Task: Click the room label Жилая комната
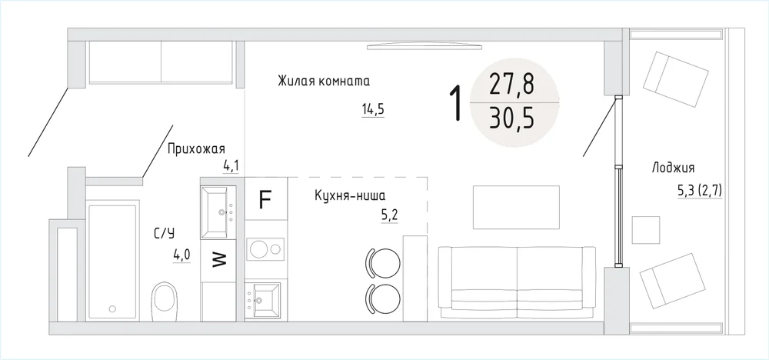pyautogui.click(x=324, y=81)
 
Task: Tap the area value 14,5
pyautogui.click(x=373, y=109)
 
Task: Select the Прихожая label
pyautogui.click(x=196, y=148)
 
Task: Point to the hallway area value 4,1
pyautogui.click(x=231, y=166)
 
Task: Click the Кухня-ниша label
pyautogui.click(x=350, y=196)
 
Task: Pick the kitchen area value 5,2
pyautogui.click(x=390, y=215)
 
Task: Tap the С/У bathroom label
pyautogui.click(x=165, y=234)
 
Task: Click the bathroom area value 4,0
pyautogui.click(x=181, y=255)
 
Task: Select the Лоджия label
pyautogui.click(x=673, y=168)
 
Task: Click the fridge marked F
pyautogui.click(x=265, y=200)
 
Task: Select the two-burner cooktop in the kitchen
pyautogui.click(x=265, y=248)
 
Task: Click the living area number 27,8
pyautogui.click(x=511, y=85)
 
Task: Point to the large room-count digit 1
pyautogui.click(x=456, y=102)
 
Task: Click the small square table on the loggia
pyautogui.click(x=645, y=229)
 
